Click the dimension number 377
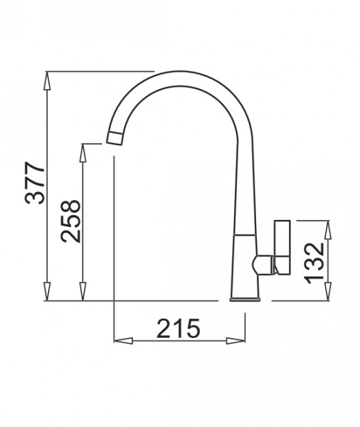coord(35,183)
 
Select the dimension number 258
coord(70,221)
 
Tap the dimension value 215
coord(179,328)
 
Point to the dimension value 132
coord(314,263)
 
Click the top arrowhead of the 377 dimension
coord(47,80)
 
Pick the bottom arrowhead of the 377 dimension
coord(47,292)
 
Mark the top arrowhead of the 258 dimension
coord(83,153)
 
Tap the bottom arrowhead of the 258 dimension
coord(83,292)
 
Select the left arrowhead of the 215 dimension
coord(123,341)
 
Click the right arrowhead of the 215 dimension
coord(235,341)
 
